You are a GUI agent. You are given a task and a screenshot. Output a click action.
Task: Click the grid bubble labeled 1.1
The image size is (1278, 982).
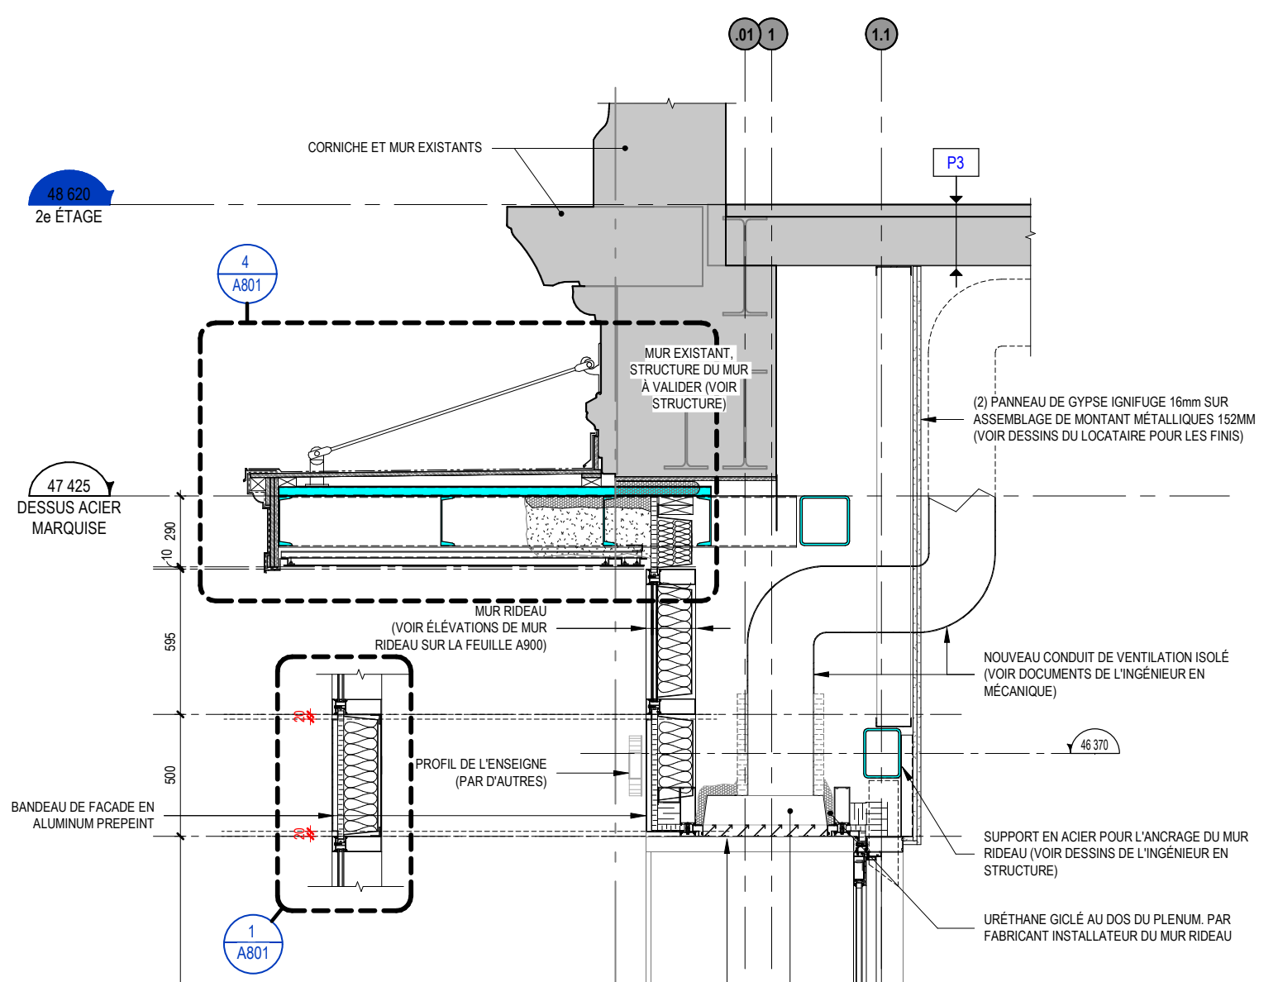coord(881,35)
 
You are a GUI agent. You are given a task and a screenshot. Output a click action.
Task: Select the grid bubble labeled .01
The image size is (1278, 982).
coord(745,35)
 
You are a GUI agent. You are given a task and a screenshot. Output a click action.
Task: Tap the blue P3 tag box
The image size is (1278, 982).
coord(956,163)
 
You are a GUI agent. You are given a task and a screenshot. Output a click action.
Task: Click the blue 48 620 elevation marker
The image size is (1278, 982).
coord(69,191)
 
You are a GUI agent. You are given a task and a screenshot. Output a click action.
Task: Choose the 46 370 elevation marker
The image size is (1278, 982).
coord(1094,744)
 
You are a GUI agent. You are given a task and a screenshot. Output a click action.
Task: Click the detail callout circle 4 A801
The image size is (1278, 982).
coord(246,274)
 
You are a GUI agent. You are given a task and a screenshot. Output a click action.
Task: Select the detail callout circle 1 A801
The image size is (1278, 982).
coord(253,944)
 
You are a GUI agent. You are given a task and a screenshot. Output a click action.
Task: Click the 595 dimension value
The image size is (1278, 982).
coord(170,641)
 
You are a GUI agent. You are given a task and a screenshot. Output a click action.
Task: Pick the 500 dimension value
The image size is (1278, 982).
coord(170,775)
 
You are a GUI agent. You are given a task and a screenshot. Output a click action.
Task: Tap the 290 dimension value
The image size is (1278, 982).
coord(170,531)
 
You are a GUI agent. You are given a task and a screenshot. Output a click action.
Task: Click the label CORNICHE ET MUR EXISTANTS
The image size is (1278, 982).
coord(394,148)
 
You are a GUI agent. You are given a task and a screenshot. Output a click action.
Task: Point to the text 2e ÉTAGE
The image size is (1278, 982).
coord(69,217)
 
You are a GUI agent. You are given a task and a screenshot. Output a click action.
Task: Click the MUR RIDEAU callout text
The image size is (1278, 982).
coord(461,628)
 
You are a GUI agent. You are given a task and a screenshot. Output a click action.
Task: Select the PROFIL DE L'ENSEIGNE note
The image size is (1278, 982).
coord(480,773)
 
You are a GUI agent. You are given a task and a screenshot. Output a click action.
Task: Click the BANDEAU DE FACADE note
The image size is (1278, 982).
coord(83,815)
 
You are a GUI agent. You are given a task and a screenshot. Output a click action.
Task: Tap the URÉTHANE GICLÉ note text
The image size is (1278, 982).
coord(1107,927)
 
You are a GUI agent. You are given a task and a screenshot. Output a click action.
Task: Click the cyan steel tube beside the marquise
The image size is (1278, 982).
coord(823,521)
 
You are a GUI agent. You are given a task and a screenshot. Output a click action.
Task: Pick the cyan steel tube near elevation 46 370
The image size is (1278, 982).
coord(882,753)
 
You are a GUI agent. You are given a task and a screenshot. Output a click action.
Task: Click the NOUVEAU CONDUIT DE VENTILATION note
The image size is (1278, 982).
coord(1105,675)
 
